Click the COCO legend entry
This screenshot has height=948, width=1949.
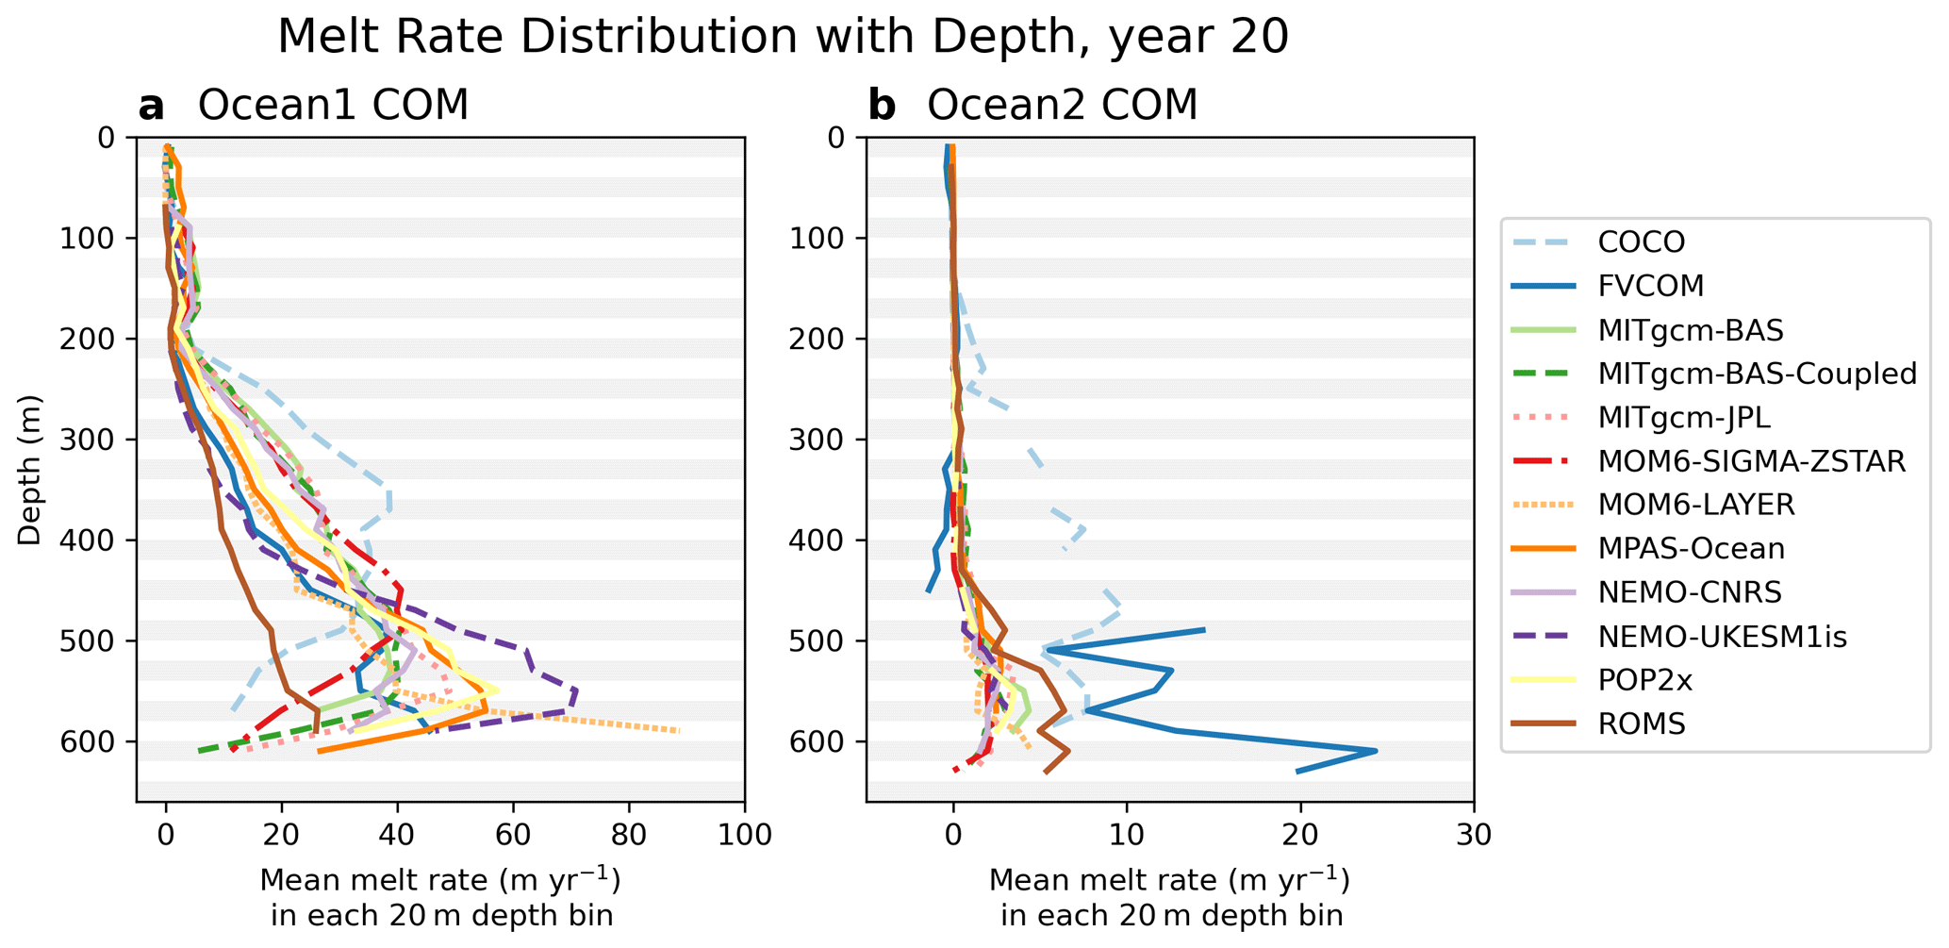(1641, 242)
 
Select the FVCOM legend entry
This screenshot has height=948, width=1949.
(1650, 286)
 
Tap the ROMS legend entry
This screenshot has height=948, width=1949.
(1641, 724)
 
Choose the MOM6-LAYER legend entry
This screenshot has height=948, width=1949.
(1695, 505)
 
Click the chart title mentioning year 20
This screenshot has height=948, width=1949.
(783, 38)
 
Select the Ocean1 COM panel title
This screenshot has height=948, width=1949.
(333, 106)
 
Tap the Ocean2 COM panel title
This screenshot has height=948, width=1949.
(1062, 106)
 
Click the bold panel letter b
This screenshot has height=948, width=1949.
(882, 106)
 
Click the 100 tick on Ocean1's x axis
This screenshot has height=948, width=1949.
(745, 835)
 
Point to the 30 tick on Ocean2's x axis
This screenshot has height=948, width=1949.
(1473, 835)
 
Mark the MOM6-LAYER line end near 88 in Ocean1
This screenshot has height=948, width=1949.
(678, 731)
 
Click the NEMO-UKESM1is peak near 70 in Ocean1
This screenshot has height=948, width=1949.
(574, 691)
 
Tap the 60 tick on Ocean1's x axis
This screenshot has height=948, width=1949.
(513, 835)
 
